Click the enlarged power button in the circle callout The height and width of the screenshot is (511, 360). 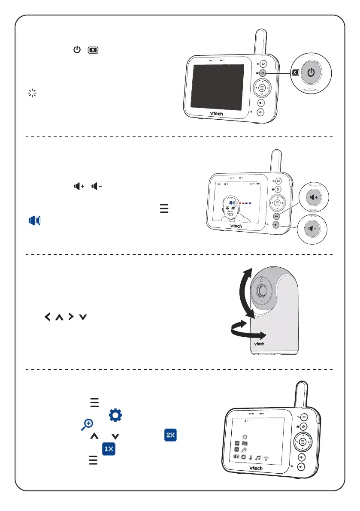point(312,72)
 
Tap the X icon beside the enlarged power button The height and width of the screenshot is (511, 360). point(294,73)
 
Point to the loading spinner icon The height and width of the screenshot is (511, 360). point(31,93)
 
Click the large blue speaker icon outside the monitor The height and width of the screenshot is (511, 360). point(35,221)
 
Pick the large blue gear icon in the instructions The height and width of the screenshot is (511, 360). point(115,414)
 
